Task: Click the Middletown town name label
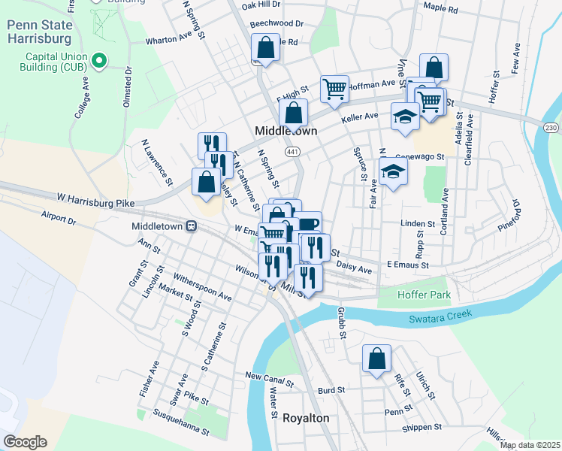[286, 130]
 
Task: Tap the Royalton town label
[306, 418]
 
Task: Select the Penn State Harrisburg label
[38, 31]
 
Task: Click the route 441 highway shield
[291, 151]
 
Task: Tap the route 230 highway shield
[551, 129]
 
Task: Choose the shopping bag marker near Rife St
[377, 358]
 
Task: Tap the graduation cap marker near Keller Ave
[404, 116]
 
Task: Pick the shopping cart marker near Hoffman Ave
[334, 88]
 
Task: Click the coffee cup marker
[307, 224]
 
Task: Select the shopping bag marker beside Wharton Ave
[266, 47]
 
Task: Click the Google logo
[24, 442]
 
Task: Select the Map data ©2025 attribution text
[529, 445]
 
